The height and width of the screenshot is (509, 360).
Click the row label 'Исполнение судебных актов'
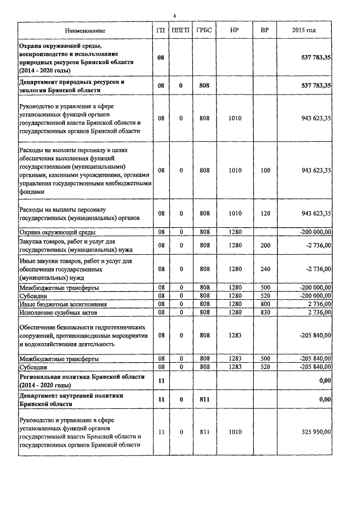[x=58, y=312]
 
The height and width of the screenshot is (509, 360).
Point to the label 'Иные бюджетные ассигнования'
[x=63, y=304]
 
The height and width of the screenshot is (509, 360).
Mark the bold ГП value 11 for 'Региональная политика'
[x=161, y=381]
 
